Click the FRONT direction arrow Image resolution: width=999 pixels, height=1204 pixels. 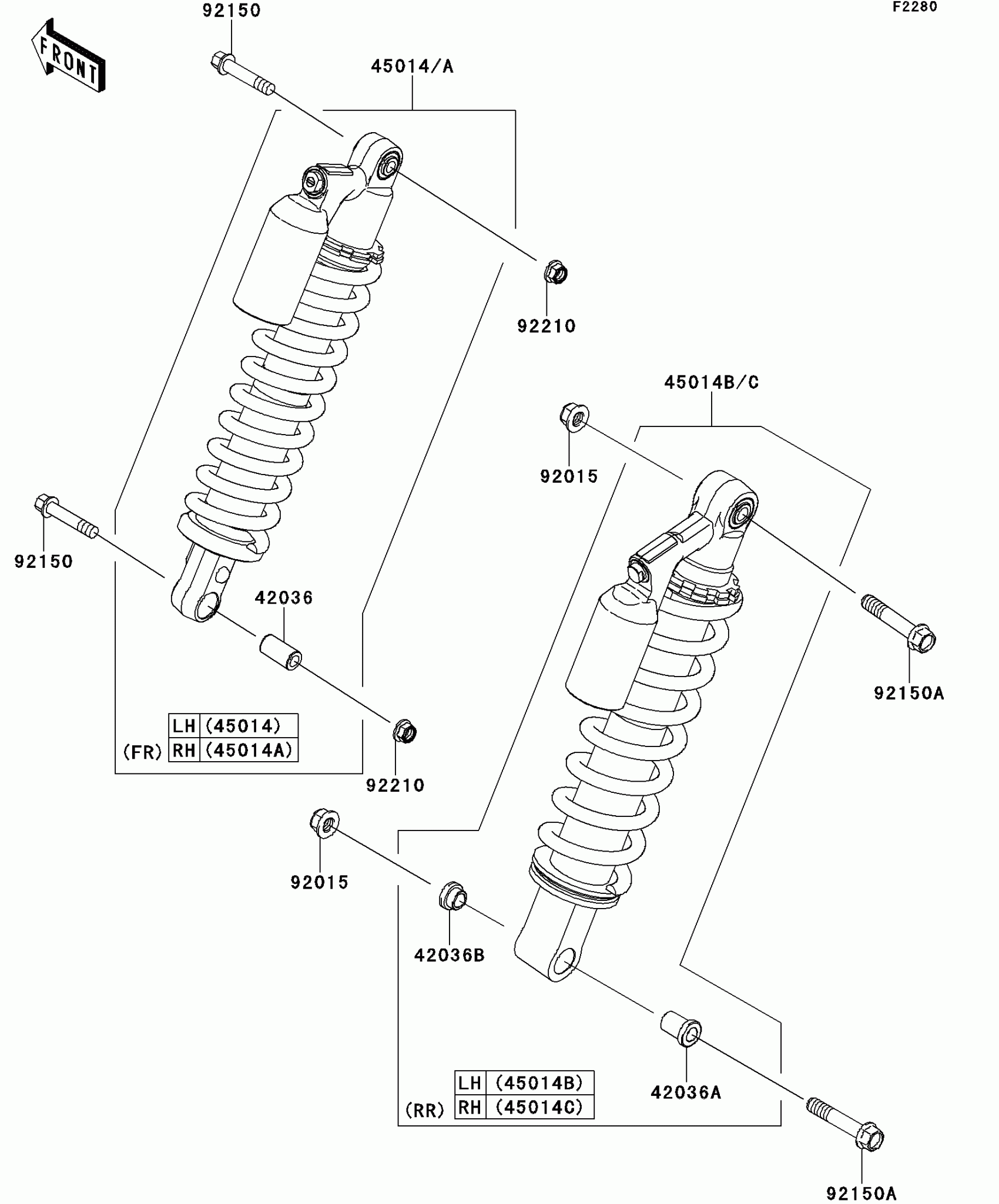coord(68,58)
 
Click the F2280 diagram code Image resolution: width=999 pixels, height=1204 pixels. coord(915,7)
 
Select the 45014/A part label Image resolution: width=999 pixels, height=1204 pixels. coord(412,67)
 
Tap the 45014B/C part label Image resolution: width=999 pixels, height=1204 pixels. coord(711,383)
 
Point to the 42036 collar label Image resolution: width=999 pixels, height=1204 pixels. coord(284,598)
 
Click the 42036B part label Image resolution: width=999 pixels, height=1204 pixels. coord(449,956)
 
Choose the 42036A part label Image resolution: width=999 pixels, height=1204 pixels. coord(686,1092)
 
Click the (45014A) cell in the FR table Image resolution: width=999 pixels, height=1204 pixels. coord(249,751)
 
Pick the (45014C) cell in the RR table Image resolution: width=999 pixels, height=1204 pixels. coord(539,1107)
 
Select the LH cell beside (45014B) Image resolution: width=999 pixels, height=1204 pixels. coord(470,1082)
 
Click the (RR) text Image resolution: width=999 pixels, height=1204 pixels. coord(425,1110)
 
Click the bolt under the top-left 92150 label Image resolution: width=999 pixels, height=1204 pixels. coord(241,73)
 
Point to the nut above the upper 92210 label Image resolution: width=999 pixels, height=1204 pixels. coord(555,273)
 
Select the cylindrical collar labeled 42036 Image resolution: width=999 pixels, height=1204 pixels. coord(281,651)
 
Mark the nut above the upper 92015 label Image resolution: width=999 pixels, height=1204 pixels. coord(574,416)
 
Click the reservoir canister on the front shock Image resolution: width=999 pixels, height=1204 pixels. coord(281,260)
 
